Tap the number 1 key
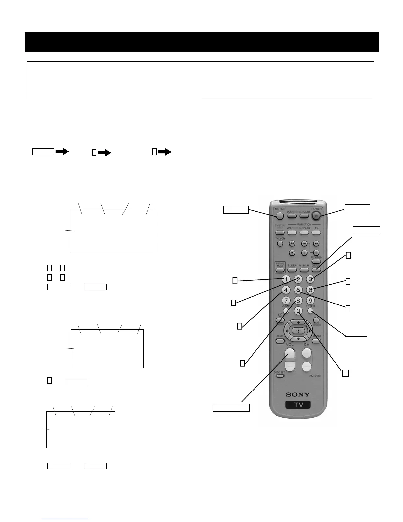pos(286,279)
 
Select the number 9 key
pos(310,300)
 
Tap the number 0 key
pos(298,311)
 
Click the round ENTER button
pos(310,311)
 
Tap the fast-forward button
pos(316,244)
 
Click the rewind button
pos(292,244)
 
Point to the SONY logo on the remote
pos(298,394)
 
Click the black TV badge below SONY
pos(298,405)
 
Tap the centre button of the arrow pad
pos(298,330)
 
